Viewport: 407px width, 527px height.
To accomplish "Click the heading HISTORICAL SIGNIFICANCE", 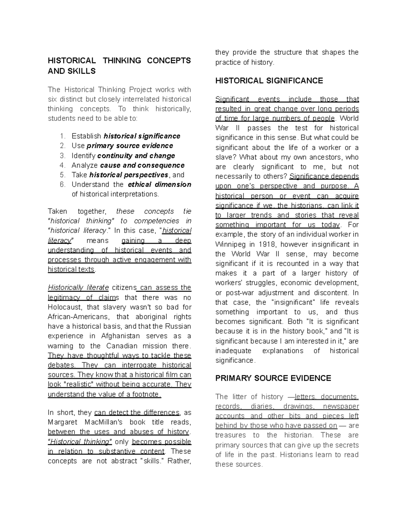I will click(x=269, y=81).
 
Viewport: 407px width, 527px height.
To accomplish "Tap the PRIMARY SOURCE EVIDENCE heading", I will click(x=273, y=378).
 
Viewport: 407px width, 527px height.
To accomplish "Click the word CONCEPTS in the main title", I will click(x=169, y=61).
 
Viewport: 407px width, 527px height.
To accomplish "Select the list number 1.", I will click(x=62, y=136).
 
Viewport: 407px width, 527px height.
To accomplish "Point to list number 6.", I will click(x=62, y=185).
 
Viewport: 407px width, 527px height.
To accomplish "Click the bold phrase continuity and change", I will click(x=136, y=156).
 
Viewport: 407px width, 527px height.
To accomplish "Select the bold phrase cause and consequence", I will click(x=142, y=165).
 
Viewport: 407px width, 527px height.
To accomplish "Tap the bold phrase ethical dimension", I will click(x=159, y=185).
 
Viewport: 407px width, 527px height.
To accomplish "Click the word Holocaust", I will click(x=64, y=307).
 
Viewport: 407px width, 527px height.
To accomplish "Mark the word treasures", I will click(x=230, y=435).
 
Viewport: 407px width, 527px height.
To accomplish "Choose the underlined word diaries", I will click(x=262, y=407).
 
